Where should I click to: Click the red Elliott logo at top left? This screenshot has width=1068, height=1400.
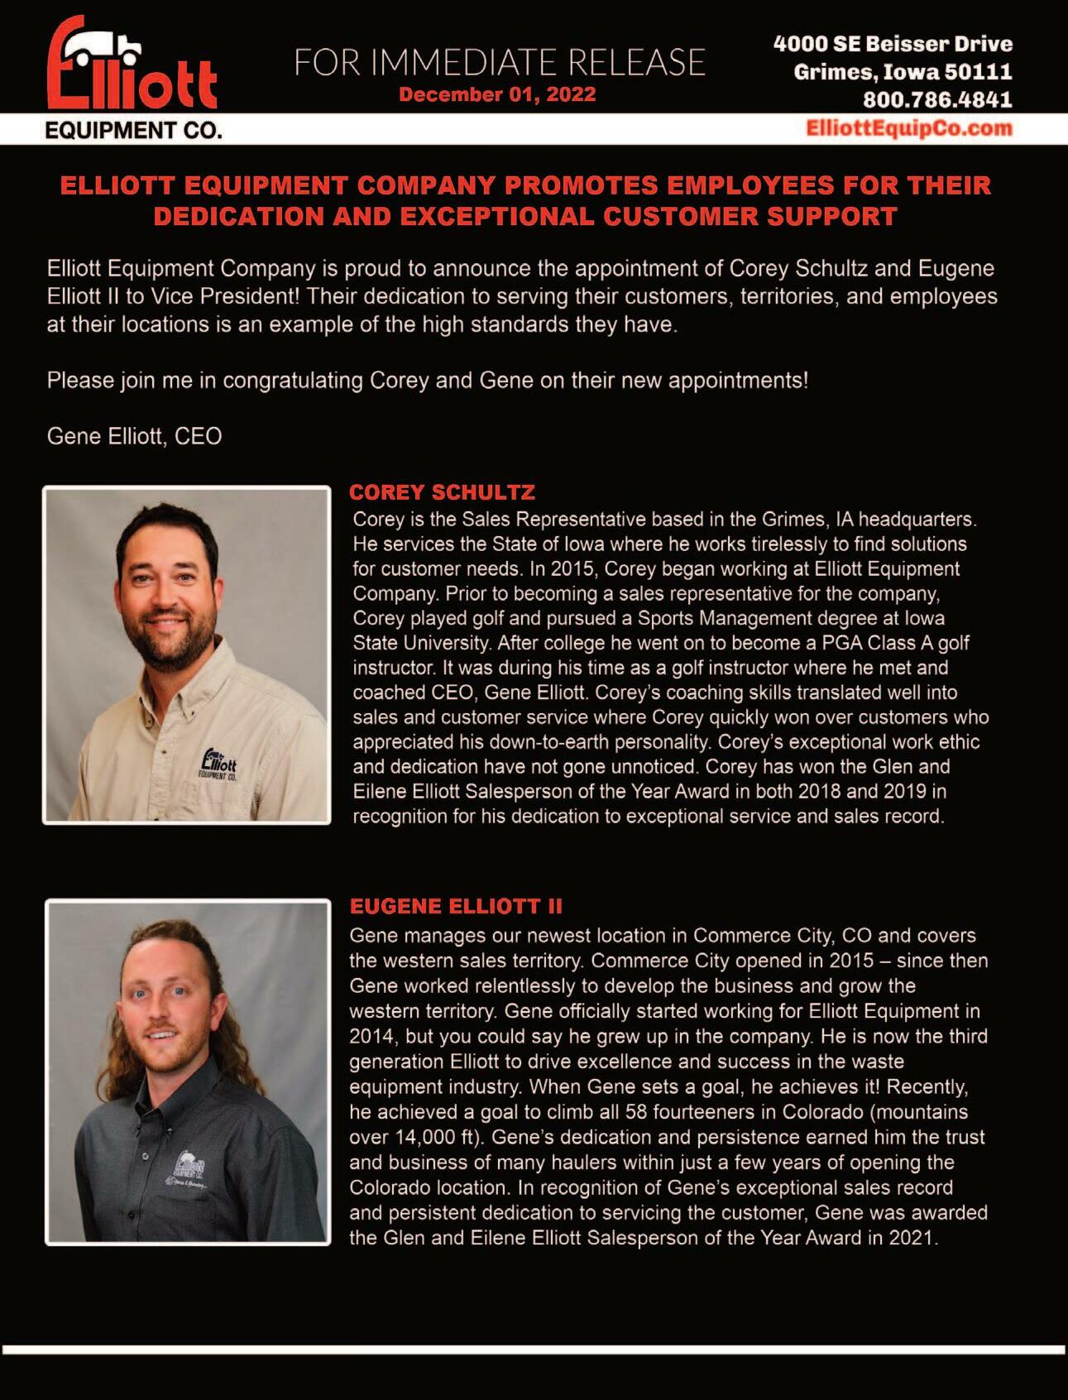point(132,66)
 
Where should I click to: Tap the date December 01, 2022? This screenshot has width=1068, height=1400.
point(497,94)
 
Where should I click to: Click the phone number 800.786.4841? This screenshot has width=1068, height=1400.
point(937,100)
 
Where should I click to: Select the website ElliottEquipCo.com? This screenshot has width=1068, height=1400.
point(908,128)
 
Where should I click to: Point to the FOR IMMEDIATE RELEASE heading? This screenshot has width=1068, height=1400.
point(500,63)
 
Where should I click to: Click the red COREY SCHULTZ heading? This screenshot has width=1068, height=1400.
point(442,492)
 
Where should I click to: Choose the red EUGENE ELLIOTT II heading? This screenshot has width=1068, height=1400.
point(456,906)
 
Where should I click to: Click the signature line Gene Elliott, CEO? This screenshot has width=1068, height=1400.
point(134,436)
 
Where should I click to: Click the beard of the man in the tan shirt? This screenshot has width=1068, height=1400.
point(174,645)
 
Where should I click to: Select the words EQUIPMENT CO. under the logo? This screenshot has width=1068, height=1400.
point(133,131)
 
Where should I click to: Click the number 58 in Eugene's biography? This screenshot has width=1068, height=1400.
point(636,1111)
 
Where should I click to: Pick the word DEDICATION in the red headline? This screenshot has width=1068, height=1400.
point(237,217)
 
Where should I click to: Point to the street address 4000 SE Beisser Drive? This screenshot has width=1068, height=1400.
point(893,44)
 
